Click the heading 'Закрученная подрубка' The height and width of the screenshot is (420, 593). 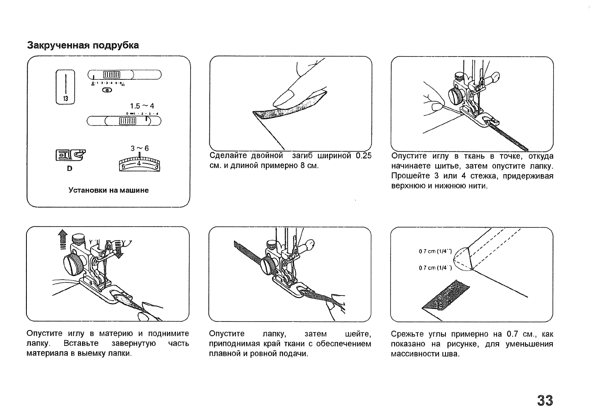coord(83,45)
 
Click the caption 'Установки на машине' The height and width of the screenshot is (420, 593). coord(108,190)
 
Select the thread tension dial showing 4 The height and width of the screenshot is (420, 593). coord(139,164)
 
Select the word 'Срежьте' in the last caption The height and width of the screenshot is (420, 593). coord(406,335)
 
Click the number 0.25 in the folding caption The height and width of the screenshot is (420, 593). coord(363,156)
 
